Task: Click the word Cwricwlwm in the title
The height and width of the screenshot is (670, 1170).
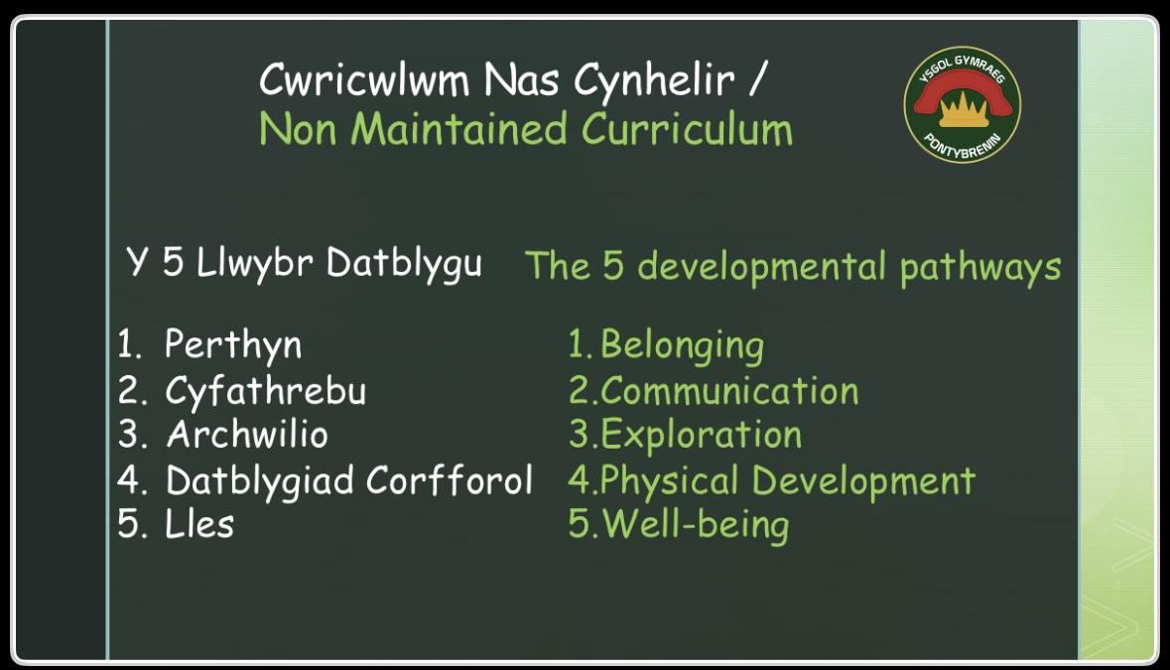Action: pos(364,78)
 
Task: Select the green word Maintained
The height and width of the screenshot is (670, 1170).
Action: pos(458,128)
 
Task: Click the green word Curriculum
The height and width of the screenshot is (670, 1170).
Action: pos(687,128)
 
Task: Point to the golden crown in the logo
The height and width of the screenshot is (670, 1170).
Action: pos(964,109)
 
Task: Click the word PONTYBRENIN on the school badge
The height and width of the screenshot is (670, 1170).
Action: pos(963,146)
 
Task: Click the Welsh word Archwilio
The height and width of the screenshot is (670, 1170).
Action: pos(247,434)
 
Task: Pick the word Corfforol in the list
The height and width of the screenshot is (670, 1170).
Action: pos(450,479)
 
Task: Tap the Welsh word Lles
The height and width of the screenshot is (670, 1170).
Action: pos(199,524)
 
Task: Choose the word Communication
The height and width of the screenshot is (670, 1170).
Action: pos(729,391)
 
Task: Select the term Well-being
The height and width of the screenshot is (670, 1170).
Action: pos(696,525)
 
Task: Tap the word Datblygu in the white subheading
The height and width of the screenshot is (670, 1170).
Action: pos(405,265)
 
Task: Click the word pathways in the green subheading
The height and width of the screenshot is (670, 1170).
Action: pos(980,268)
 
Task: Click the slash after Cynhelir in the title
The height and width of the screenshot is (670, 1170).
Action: pos(758,78)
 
